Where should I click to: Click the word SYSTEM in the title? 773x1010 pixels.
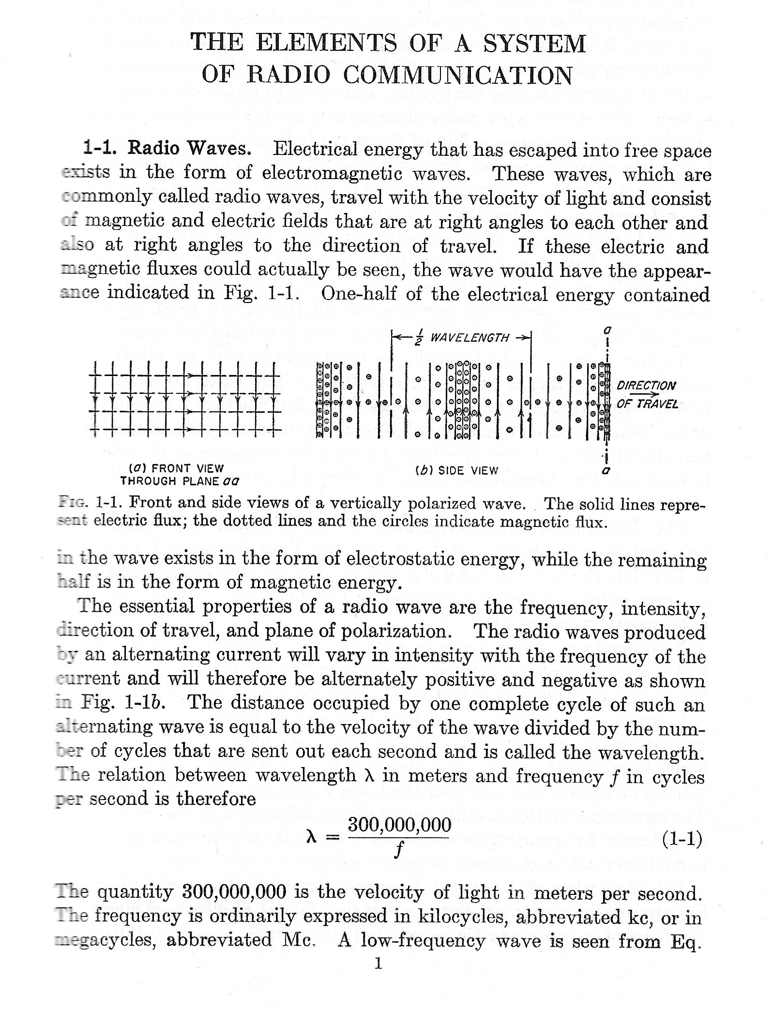[534, 44]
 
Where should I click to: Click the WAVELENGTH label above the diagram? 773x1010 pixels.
[470, 337]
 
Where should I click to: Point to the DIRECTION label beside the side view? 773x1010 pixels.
[646, 385]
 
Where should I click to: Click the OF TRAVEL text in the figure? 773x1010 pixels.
[647, 404]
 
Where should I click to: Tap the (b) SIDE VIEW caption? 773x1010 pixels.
[456, 470]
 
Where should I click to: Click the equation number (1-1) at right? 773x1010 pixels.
[682, 839]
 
